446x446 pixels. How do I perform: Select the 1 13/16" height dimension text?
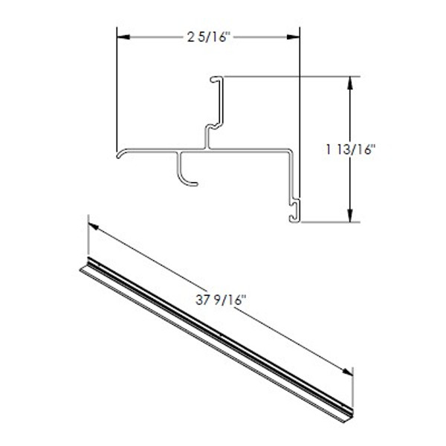[x=351, y=148]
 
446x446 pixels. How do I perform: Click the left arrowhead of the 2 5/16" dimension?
[x=123, y=36]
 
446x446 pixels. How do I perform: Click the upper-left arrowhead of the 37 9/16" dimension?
[x=93, y=227]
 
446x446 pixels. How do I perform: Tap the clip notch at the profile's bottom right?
[x=295, y=210]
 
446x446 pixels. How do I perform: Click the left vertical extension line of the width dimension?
[x=117, y=89]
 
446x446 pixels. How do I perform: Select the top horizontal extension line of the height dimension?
[x=297, y=76]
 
